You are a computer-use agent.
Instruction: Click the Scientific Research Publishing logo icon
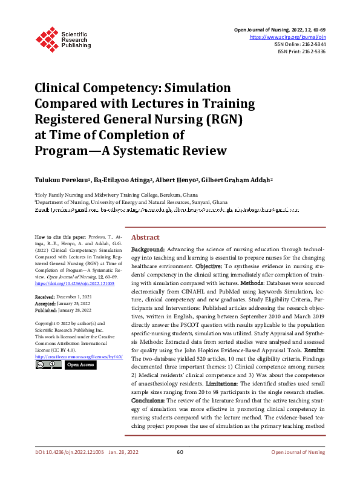[x=47, y=38]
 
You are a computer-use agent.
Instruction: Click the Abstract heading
[x=145, y=237]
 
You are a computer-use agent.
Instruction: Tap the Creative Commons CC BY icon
[x=48, y=365]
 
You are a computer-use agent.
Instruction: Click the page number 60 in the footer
[x=180, y=469]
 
